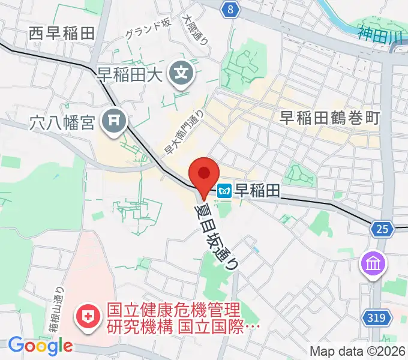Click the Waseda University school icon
pyautogui.click(x=181, y=75)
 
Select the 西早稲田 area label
pyautogui.click(x=61, y=34)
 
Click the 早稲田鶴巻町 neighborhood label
pyautogui.click(x=330, y=118)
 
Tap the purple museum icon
pyautogui.click(x=373, y=263)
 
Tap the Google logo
pyautogui.click(x=40, y=345)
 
